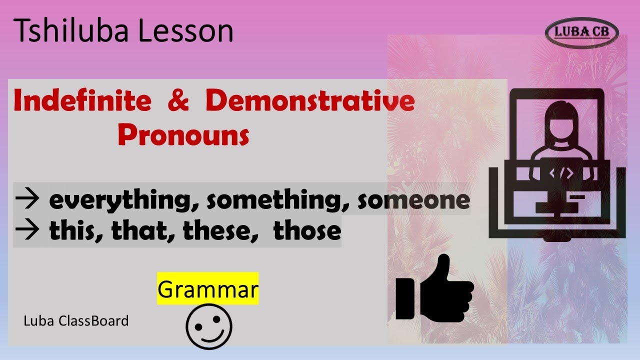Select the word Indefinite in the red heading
pos(82,101)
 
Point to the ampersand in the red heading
pos(178,101)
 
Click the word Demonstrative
pos(310,101)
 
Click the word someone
pos(413,200)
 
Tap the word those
pos(307,231)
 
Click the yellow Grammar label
pos(207,289)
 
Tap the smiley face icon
pos(209,326)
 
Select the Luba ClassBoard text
pos(76,320)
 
